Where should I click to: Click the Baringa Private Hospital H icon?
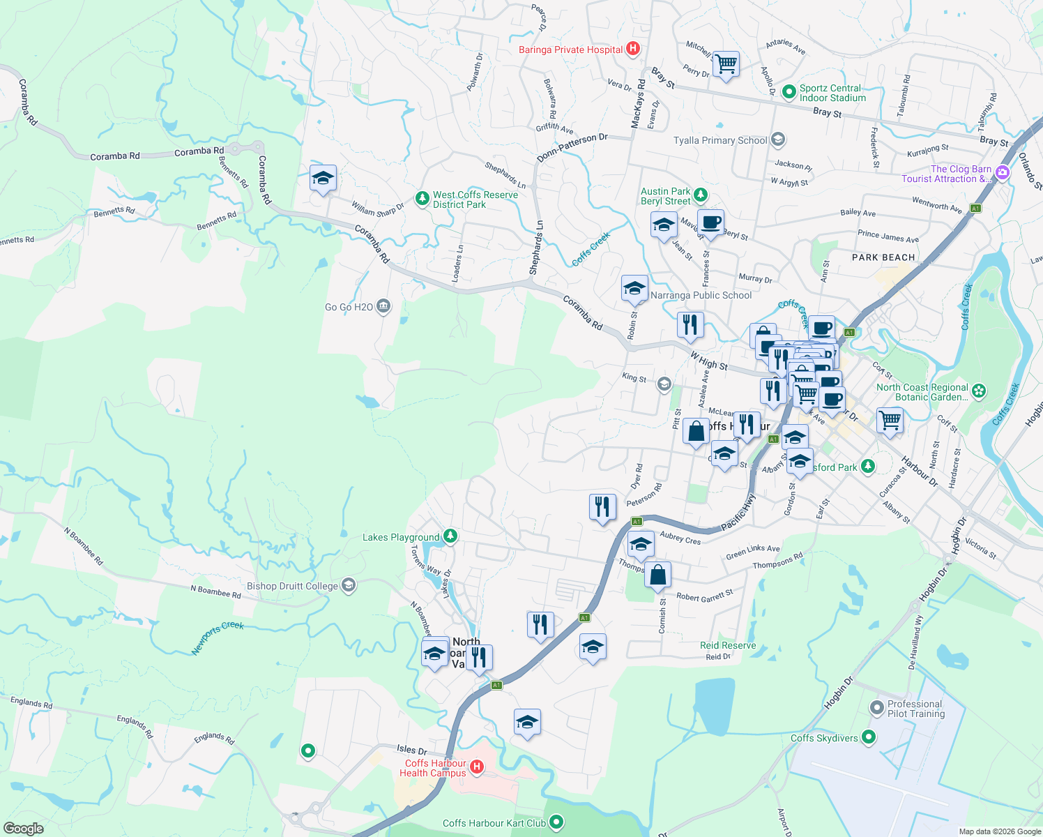(633, 49)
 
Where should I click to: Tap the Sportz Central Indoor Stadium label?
(832, 93)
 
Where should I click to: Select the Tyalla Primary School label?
(720, 140)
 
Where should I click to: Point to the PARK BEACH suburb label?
(883, 257)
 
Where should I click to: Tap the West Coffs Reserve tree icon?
(422, 199)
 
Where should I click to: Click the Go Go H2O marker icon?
(383, 306)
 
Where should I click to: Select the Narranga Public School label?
(701, 296)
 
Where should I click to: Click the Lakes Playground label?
(401, 537)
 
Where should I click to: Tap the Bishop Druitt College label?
(292, 586)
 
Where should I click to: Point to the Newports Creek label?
(218, 638)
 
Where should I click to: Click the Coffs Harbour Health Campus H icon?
(477, 767)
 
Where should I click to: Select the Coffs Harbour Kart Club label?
(494, 823)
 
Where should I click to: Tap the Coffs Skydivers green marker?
(869, 737)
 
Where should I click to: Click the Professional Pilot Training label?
(915, 709)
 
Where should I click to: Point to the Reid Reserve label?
(728, 645)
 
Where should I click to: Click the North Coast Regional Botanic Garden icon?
(979, 391)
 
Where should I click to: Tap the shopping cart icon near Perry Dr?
(726, 64)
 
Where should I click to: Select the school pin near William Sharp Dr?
(323, 179)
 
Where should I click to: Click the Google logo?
(23, 829)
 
